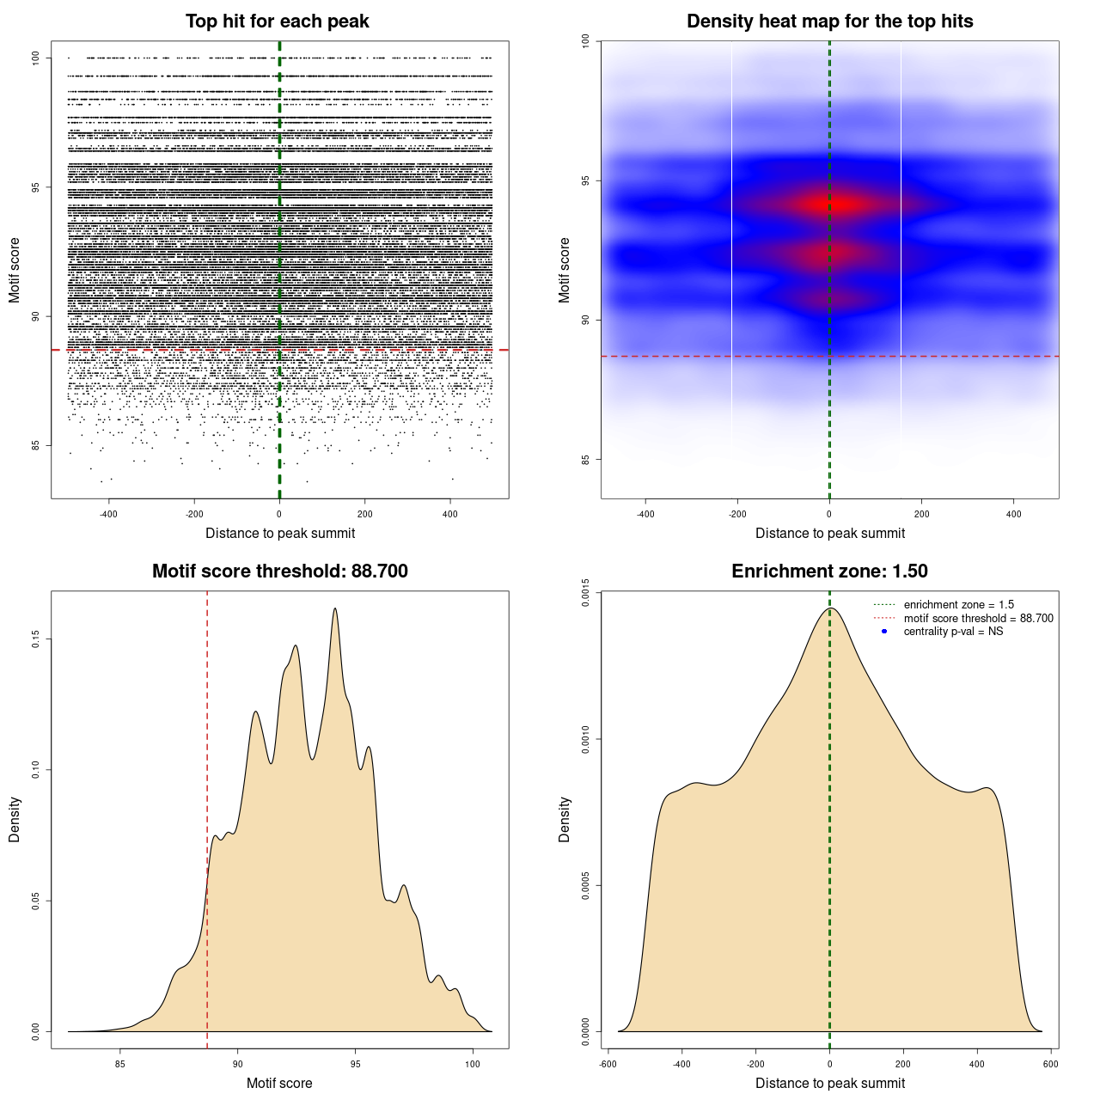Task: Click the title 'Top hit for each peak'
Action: pyautogui.click(x=277, y=21)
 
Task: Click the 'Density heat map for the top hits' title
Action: pyautogui.click(x=829, y=21)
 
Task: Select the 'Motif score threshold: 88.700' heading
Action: pyautogui.click(x=279, y=571)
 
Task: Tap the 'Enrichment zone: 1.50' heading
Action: pyautogui.click(x=829, y=571)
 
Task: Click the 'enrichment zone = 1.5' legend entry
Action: pyautogui.click(x=958, y=605)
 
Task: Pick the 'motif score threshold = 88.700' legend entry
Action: pyautogui.click(x=978, y=619)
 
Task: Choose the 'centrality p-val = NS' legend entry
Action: pyautogui.click(x=953, y=632)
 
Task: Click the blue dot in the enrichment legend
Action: pyautogui.click(x=884, y=632)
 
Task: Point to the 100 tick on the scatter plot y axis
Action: pyautogui.click(x=36, y=58)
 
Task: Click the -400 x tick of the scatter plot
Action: pyautogui.click(x=108, y=514)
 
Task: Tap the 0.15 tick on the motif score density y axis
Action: pyautogui.click(x=36, y=639)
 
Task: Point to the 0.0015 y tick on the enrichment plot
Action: pyautogui.click(x=586, y=592)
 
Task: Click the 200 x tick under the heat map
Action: pyautogui.click(x=921, y=514)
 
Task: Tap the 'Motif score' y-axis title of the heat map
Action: pyautogui.click(x=565, y=270)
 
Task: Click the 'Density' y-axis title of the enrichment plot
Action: pyautogui.click(x=565, y=819)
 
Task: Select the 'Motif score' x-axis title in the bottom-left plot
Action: pyautogui.click(x=279, y=1083)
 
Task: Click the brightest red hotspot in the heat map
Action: pyautogui.click(x=832, y=205)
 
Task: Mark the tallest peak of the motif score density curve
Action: pyautogui.click(x=334, y=609)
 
